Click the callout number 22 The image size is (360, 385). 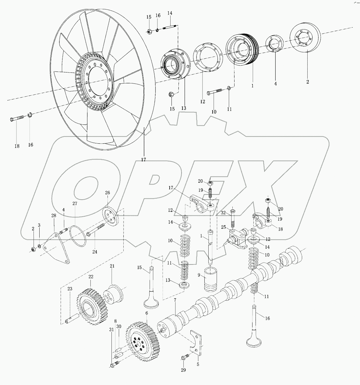click(x=91, y=277)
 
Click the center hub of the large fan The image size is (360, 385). click(x=97, y=81)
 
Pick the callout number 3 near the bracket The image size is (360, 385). click(x=39, y=225)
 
